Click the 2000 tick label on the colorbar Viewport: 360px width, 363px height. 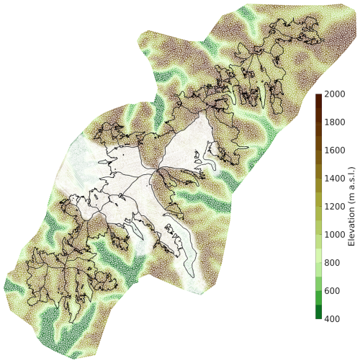click(334, 94)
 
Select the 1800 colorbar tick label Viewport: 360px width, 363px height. click(334, 122)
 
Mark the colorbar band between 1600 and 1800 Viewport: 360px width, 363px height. click(318, 136)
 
